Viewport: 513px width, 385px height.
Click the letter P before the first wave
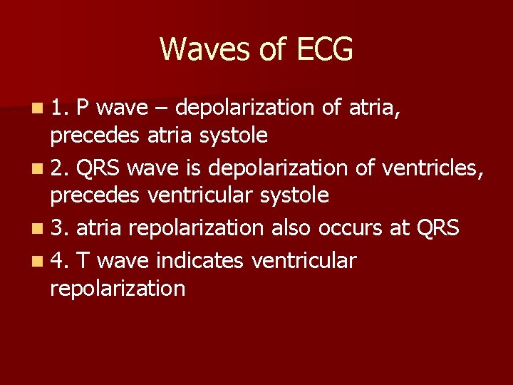pos(82,108)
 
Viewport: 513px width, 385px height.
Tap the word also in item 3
pos(292,228)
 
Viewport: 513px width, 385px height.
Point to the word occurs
pos(350,229)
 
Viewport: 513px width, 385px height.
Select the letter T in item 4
pos(83,261)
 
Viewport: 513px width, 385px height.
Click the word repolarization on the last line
pos(118,289)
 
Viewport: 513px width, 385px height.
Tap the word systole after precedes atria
pos(234,135)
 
